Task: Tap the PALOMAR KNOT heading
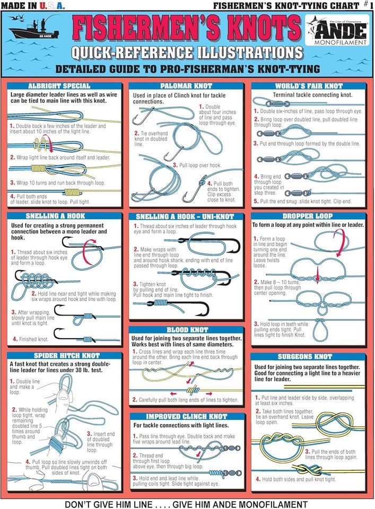[186, 85]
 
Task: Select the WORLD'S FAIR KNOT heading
[309, 85]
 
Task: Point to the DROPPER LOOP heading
[309, 216]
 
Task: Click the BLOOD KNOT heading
[186, 330]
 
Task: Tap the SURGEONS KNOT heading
[309, 357]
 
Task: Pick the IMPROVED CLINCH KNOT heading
[187, 417]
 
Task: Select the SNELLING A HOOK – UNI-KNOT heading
[186, 216]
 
